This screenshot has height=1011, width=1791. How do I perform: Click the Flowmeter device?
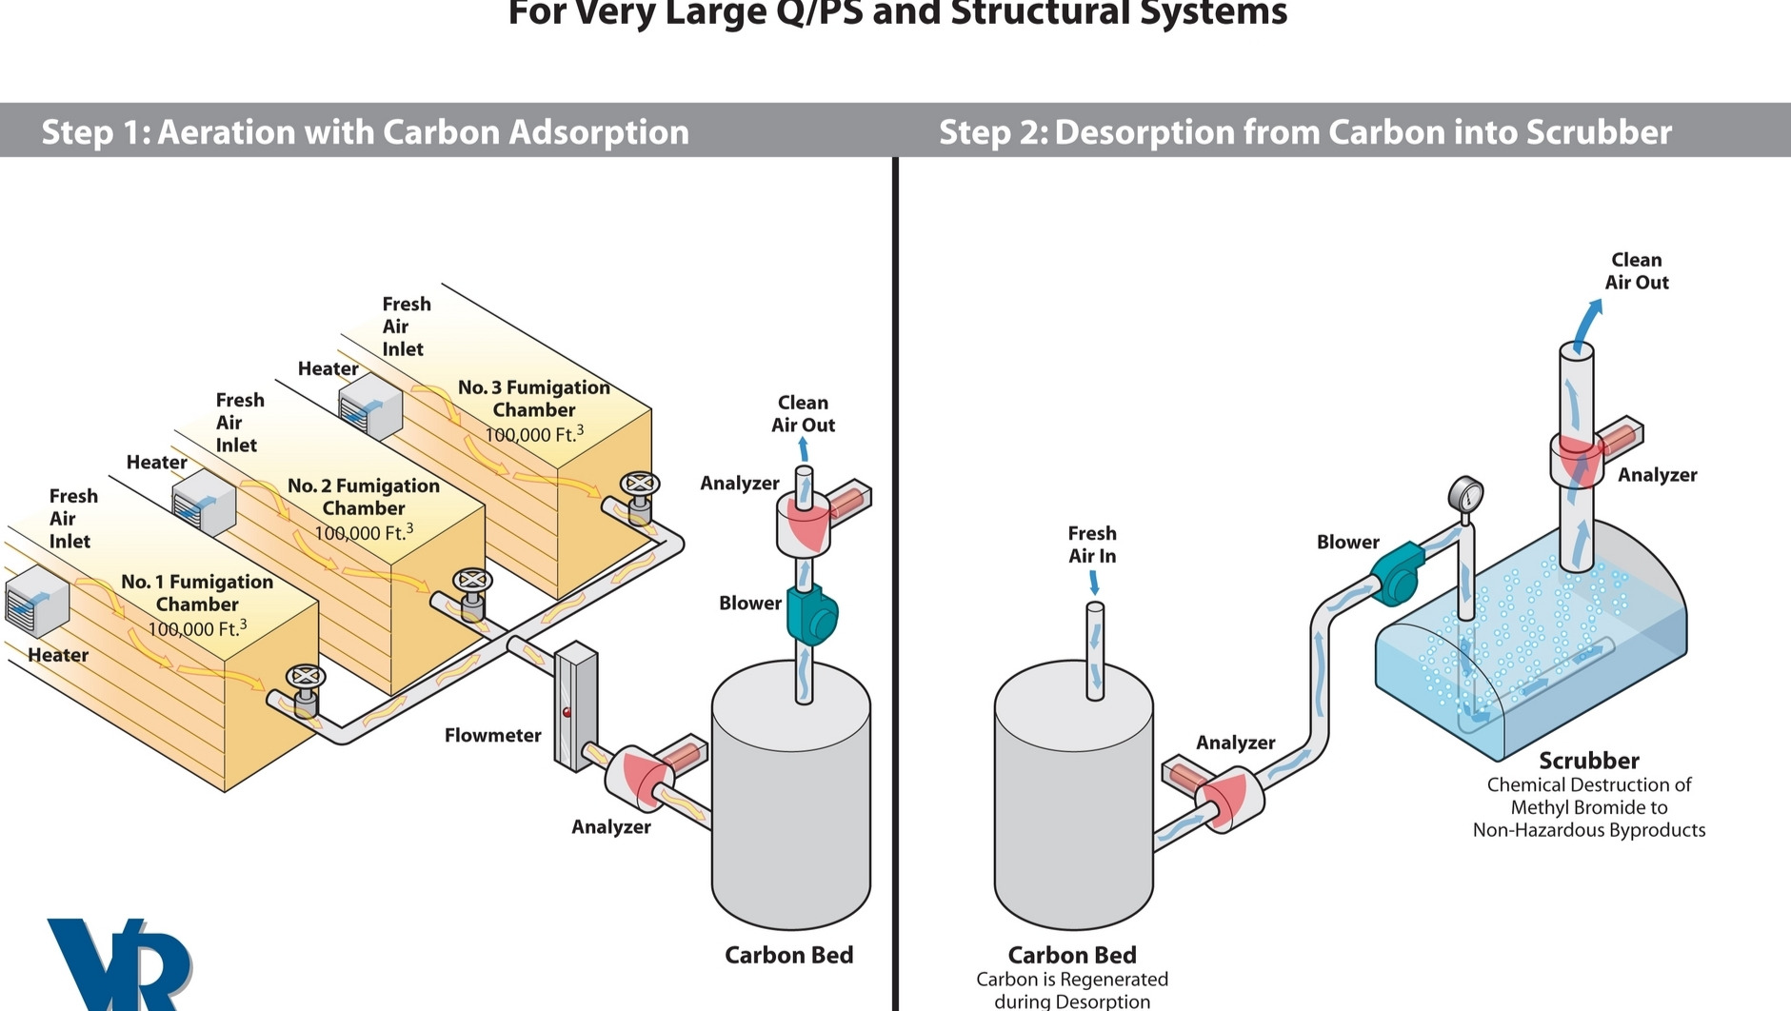(576, 706)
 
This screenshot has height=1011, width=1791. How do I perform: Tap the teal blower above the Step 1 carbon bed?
(810, 615)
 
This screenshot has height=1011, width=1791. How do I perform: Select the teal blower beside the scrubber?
(1396, 575)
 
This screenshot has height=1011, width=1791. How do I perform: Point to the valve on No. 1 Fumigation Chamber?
(305, 678)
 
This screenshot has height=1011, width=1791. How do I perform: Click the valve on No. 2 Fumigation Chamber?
(471, 582)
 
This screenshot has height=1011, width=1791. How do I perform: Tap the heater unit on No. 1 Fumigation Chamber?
(37, 601)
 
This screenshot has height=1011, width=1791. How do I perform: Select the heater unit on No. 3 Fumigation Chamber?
(370, 406)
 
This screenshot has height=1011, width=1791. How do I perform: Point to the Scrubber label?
(1589, 761)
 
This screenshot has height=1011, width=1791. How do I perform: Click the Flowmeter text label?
(492, 735)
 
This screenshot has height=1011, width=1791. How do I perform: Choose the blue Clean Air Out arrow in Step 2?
(1584, 325)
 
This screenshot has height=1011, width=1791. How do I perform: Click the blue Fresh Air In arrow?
(1094, 582)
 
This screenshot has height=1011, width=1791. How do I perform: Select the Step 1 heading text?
(365, 131)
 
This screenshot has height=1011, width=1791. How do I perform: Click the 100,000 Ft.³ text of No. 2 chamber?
(364, 532)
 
